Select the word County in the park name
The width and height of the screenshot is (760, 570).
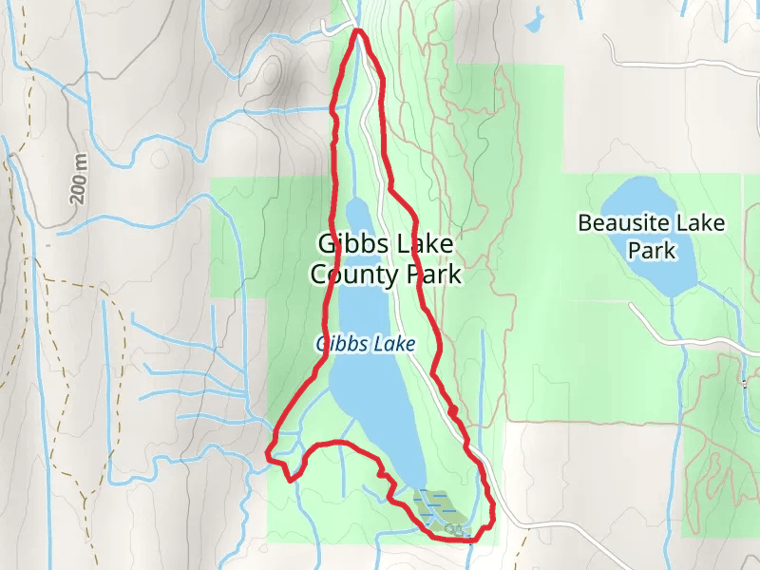pos(353,275)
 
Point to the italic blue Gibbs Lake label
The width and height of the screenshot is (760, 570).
pos(366,344)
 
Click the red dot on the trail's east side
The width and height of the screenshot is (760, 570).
pos(453,410)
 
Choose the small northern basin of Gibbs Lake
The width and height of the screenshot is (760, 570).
pos(358,214)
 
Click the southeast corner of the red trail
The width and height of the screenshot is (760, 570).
pos(493,518)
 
